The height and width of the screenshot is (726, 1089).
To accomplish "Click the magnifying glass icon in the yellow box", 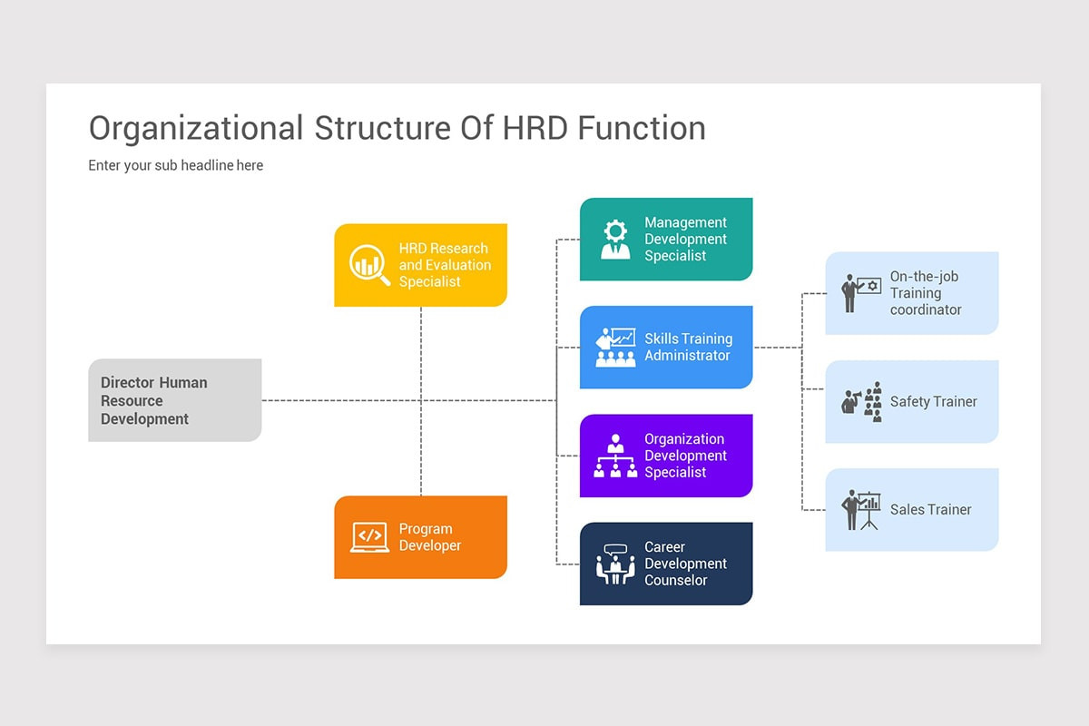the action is [369, 265].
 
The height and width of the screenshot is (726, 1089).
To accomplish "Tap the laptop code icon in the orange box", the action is [369, 537].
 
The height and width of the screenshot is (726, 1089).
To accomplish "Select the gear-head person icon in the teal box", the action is [615, 240].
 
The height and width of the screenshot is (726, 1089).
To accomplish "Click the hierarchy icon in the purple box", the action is [615, 456].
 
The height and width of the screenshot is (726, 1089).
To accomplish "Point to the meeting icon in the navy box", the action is [615, 564].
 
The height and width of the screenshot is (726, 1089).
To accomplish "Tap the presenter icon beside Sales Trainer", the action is [861, 510].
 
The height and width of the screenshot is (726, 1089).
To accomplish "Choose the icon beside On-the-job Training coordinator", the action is [861, 293].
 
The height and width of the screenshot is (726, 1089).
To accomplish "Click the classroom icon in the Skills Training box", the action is [615, 348].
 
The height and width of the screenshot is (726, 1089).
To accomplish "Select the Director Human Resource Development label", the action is [154, 401].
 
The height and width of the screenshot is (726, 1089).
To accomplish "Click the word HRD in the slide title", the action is [535, 128].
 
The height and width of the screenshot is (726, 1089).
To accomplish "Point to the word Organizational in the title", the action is [196, 130].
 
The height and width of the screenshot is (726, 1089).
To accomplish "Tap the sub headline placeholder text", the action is [175, 165].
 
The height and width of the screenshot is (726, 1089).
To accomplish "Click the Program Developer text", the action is [430, 537].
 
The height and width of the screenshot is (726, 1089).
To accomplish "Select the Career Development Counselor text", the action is [685, 564].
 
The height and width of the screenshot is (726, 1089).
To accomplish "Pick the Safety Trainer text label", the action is [934, 402].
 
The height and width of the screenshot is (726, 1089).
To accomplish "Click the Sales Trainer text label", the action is [930, 510].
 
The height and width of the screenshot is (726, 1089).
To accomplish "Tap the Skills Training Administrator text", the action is [689, 348].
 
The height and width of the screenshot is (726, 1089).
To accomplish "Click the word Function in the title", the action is [642, 128].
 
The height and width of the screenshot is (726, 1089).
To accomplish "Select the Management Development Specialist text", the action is [685, 240].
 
